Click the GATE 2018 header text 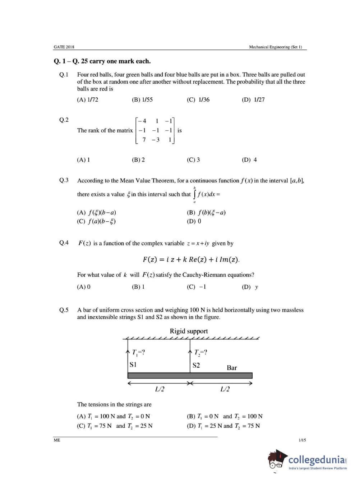tap(64, 47)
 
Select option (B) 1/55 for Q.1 tap(142, 99)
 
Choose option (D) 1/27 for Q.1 tap(253, 99)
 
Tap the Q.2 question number tap(64, 120)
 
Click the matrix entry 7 tap(144, 140)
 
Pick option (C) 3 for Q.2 tap(193, 160)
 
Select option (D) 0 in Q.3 tap(194, 221)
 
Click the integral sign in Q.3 tap(195, 194)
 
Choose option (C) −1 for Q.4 tap(197, 287)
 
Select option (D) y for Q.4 tap(250, 287)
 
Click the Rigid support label tap(189, 331)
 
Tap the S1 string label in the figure tap(133, 365)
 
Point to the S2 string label tap(196, 365)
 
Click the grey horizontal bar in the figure tap(190, 375)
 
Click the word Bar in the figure tap(232, 368)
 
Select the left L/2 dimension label tap(160, 389)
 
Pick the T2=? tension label tap(200, 352)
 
